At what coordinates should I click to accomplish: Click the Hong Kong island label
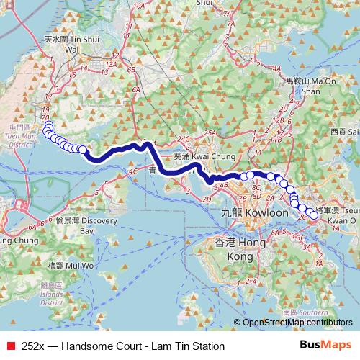pyautogui.click(x=230, y=250)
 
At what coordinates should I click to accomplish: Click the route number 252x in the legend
pyautogui.click(x=35, y=346)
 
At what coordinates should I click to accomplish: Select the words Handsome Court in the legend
pyautogui.click(x=99, y=346)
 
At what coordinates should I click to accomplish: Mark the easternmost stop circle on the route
pyautogui.click(x=314, y=214)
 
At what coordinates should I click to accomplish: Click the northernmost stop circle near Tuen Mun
pyautogui.click(x=48, y=125)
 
